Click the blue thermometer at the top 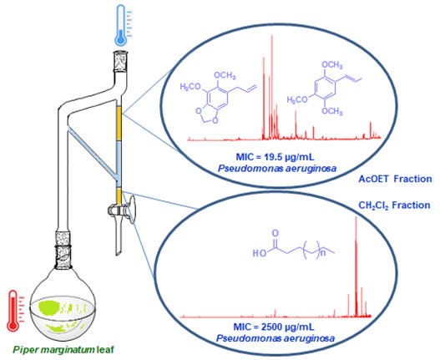coord(121,25)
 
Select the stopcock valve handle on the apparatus coord(131,210)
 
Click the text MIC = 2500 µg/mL coord(274,327)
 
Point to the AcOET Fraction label coord(395,179)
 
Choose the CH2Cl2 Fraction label coord(394,205)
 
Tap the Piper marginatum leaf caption coord(63,350)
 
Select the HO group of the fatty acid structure coord(260,253)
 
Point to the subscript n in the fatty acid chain coord(322,253)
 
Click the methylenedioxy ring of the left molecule coord(208,115)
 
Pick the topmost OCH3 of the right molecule coord(332,65)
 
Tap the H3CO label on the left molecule coord(191,87)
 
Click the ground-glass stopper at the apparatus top coord(121,61)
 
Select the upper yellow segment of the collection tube coord(119,123)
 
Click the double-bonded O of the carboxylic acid coord(276,233)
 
